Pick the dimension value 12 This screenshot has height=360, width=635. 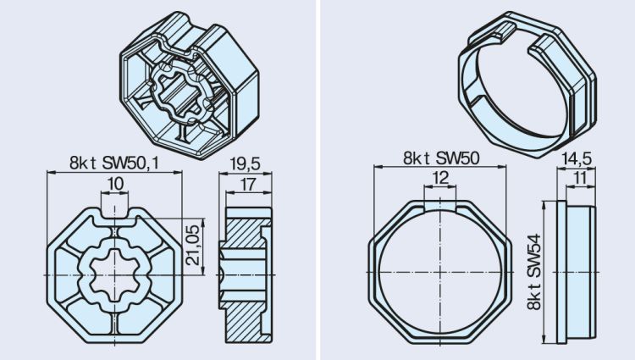coord(439,179)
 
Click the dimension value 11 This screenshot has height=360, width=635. coord(578,179)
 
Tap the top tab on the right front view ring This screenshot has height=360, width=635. coord(439,206)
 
